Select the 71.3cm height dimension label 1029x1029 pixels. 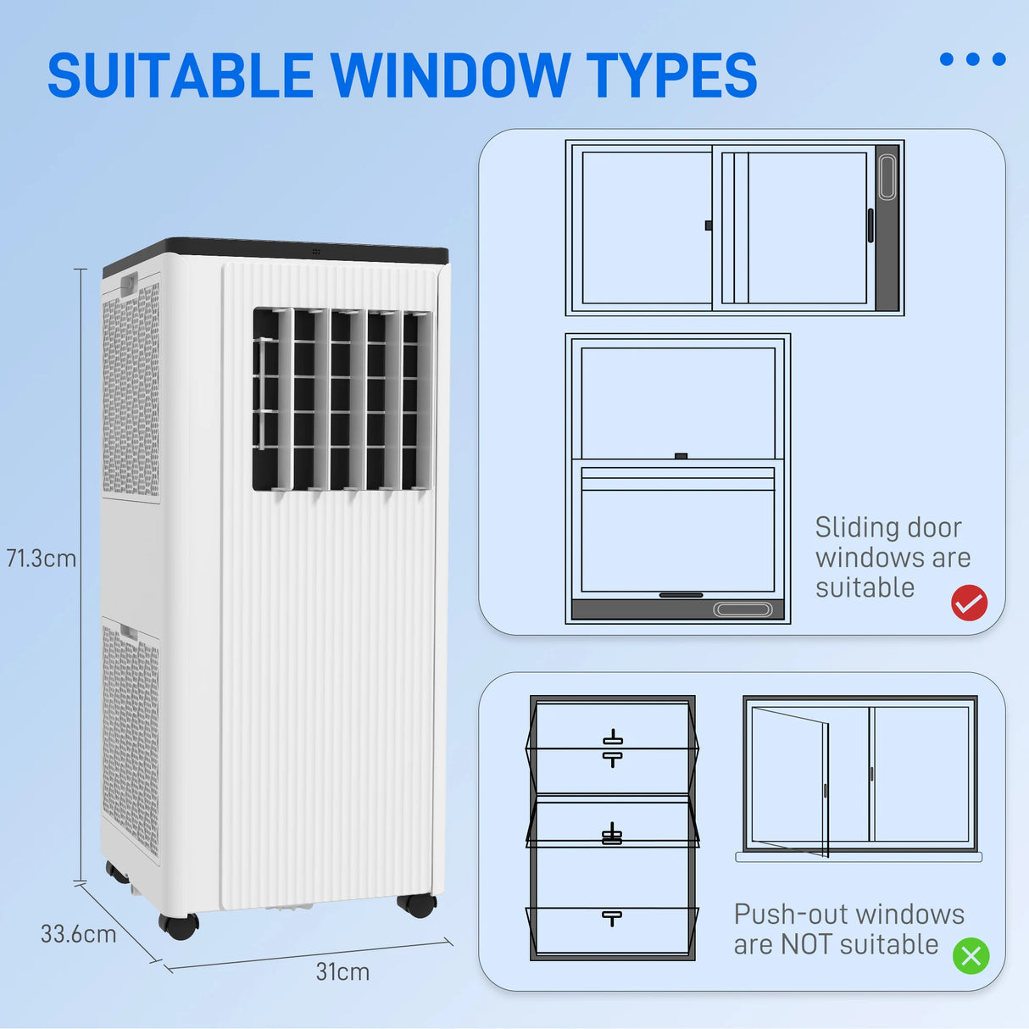point(41,559)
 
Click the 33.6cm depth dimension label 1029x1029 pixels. point(78,934)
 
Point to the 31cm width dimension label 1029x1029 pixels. point(342,972)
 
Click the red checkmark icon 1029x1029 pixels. point(969,603)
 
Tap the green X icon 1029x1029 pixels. point(971,956)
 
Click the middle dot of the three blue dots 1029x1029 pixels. point(973,59)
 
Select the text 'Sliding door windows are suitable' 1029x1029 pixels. point(892,558)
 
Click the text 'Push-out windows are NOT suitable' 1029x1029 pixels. point(848,929)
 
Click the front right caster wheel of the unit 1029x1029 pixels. point(417,904)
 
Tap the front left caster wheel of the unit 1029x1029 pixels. point(179,926)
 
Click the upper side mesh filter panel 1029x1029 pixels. point(131,390)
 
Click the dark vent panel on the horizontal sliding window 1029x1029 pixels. point(887,227)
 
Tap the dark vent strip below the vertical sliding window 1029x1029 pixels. point(677,609)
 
